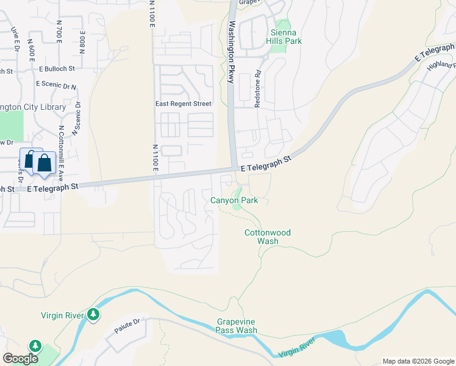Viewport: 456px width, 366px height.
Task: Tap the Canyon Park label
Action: [x=234, y=200]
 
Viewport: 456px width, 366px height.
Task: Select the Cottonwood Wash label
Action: [x=268, y=237]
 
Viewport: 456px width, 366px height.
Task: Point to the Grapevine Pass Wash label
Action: [x=237, y=326]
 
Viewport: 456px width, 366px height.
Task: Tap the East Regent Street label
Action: [x=183, y=104]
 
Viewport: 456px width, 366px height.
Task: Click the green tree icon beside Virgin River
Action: [x=93, y=315]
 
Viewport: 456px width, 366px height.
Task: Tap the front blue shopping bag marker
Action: [x=45, y=163]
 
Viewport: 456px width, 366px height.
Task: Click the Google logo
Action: [x=21, y=359]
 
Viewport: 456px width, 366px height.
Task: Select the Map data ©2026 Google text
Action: [x=418, y=361]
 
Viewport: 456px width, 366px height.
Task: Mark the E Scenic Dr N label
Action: [x=56, y=85]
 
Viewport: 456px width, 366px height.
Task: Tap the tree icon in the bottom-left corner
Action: [x=35, y=346]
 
